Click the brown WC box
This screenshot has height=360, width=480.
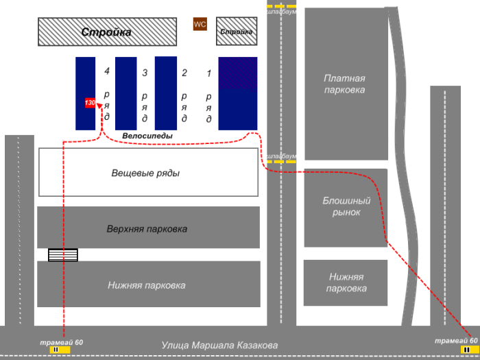coord(200,25)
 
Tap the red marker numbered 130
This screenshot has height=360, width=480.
coord(90,103)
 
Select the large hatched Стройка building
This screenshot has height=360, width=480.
coord(106,32)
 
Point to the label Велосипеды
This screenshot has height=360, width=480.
coord(147,136)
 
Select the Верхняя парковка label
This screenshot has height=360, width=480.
coord(147,228)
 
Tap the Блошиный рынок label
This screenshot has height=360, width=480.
coord(346,206)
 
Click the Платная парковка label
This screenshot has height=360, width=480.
coord(344,84)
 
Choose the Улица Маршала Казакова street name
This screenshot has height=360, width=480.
coord(219,346)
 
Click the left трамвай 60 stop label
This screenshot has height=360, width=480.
coord(61,342)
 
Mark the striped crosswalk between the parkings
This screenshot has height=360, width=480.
coord(62,255)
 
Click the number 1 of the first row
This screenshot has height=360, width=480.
coord(208,73)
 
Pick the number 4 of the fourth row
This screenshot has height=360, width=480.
coord(106,71)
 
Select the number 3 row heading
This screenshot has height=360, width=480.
coord(145,73)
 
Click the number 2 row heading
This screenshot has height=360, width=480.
coord(184,73)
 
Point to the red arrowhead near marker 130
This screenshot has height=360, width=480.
coord(99,106)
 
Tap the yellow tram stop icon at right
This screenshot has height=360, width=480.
coord(466,349)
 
